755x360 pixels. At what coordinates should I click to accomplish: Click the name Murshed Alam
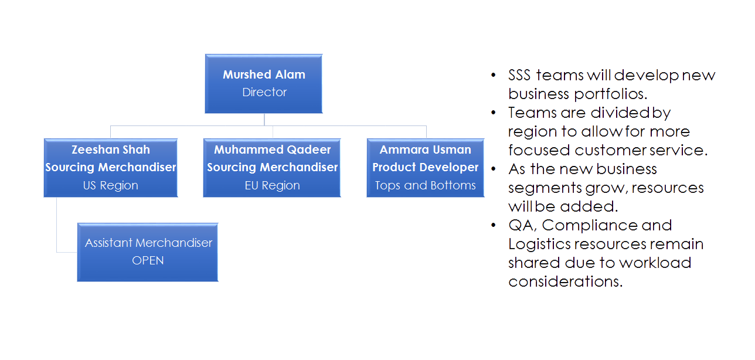coord(264,74)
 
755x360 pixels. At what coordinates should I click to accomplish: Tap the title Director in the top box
coord(264,92)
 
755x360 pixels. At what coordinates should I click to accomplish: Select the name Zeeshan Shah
coord(111,150)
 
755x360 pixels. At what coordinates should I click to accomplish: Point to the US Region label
coord(111,185)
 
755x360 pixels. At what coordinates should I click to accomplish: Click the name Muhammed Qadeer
coord(272,150)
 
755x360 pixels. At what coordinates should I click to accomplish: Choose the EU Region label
coord(272,185)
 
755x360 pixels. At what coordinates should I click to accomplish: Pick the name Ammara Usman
coord(426,150)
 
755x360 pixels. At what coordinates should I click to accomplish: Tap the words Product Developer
coord(426,167)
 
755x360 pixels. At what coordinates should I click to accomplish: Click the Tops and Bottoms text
coord(426,185)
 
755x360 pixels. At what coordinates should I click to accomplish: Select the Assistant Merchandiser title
coord(148,242)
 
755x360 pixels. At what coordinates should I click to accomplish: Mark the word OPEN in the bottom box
coord(148,260)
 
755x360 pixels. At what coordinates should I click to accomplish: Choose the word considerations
coord(564,281)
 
